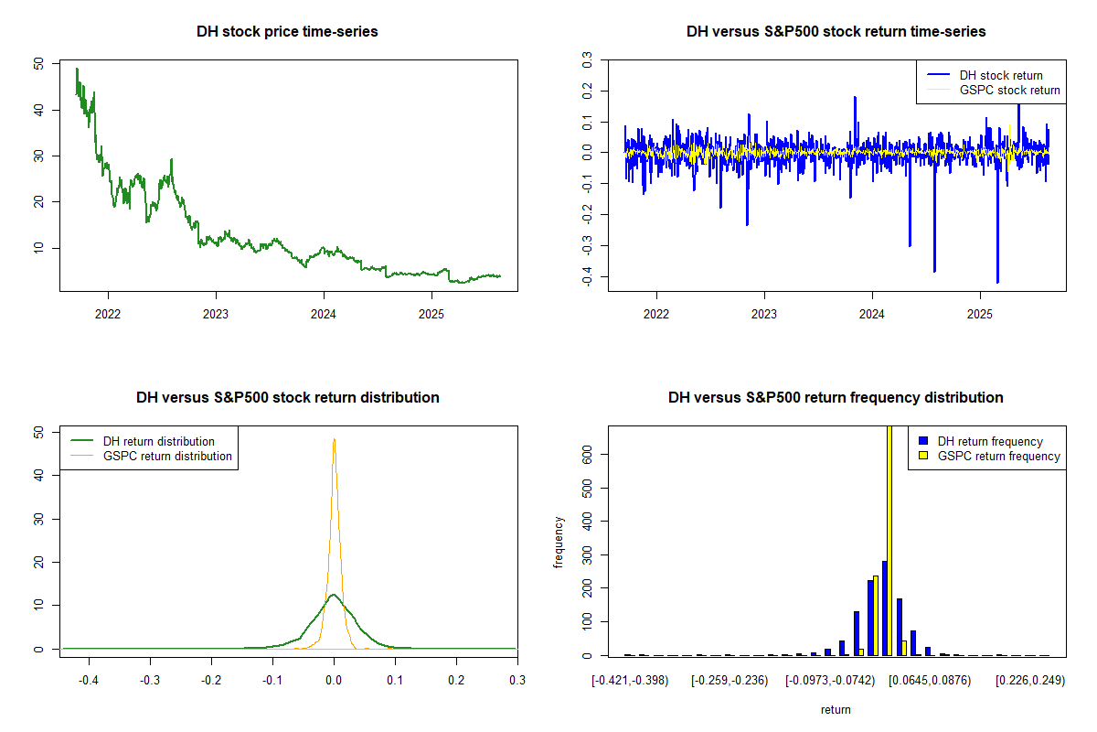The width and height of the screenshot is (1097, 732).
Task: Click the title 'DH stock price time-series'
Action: click(287, 31)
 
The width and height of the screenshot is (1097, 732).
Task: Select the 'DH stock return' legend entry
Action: click(1000, 75)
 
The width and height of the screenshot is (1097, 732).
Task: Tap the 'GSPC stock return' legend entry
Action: click(1009, 90)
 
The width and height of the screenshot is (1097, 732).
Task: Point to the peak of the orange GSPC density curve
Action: click(334, 439)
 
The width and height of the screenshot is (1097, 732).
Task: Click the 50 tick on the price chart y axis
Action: click(37, 64)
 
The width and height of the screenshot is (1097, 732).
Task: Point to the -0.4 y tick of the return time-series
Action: click(586, 277)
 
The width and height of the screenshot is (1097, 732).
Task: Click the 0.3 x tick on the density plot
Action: click(517, 681)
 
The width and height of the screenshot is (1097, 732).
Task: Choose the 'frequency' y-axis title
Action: click(559, 542)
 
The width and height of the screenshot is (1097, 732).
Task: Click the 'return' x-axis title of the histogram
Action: click(836, 709)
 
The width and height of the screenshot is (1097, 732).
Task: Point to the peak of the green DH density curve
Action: click(334, 596)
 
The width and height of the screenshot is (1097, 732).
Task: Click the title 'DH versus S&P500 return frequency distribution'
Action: click(836, 397)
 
